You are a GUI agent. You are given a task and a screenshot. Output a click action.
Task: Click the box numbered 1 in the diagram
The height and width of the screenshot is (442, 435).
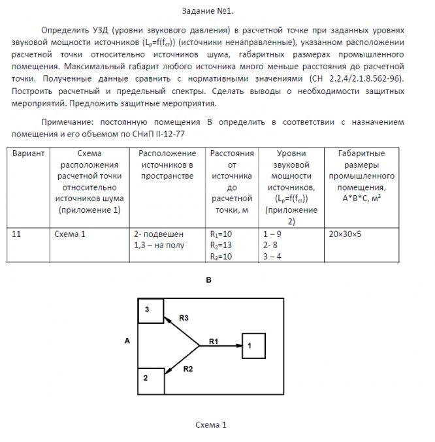click(253, 345)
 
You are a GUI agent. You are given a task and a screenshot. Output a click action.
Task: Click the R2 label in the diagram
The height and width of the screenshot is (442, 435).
click(188, 370)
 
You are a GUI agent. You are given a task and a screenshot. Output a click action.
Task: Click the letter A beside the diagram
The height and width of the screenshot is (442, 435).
click(127, 341)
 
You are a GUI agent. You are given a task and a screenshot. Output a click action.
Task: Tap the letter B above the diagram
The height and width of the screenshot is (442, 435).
click(208, 281)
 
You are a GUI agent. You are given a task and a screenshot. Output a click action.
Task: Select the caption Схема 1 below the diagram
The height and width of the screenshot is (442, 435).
click(210, 425)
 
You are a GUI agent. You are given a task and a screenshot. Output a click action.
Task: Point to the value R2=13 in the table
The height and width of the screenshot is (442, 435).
click(222, 245)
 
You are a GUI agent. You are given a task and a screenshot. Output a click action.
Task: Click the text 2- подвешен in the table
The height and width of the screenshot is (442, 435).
click(158, 234)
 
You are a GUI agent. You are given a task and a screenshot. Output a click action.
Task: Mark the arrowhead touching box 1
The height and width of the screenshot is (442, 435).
click(238, 345)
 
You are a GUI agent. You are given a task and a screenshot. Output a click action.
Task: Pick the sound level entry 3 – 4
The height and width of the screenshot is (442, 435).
click(272, 257)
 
